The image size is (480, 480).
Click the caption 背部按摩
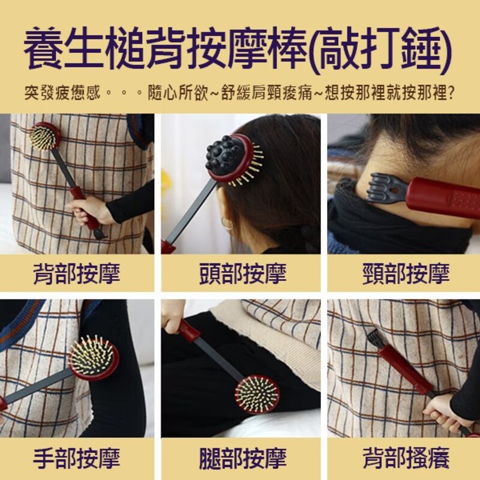pyautogui.click(x=77, y=274)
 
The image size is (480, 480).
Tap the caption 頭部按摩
pyautogui.click(x=243, y=274)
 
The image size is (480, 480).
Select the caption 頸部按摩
pyautogui.click(x=406, y=274)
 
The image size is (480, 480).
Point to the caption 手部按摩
pyautogui.click(x=77, y=458)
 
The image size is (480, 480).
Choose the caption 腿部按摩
pyautogui.click(x=243, y=458)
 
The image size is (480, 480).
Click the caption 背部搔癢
pyautogui.click(x=406, y=458)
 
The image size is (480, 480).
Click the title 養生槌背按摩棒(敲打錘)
pyautogui.click(x=238, y=49)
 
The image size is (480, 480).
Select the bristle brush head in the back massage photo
pyautogui.click(x=43, y=137)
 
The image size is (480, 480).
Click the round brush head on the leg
pyautogui.click(x=257, y=394)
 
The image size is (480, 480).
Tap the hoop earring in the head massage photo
pyautogui.click(x=226, y=223)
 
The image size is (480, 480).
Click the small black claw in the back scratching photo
pyautogui.click(x=374, y=338)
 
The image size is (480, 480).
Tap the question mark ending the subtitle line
pyautogui.click(x=451, y=92)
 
